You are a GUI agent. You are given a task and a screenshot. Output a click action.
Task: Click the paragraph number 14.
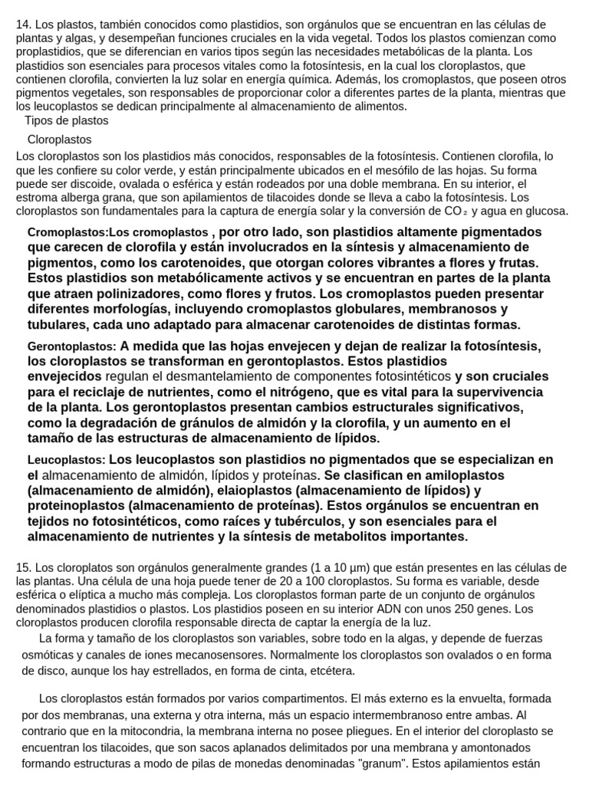(22, 25)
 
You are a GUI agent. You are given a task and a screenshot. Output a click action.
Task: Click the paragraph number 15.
(22, 567)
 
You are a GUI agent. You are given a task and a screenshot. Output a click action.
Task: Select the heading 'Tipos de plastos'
(67, 120)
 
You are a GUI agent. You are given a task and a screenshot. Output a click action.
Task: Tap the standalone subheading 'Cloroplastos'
(60, 140)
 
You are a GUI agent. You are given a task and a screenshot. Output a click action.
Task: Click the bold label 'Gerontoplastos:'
(72, 347)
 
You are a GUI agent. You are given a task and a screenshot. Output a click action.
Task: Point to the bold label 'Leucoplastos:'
(67, 461)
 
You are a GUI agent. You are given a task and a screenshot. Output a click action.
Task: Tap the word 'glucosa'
(545, 211)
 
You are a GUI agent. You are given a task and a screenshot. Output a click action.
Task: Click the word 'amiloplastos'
(465, 475)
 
